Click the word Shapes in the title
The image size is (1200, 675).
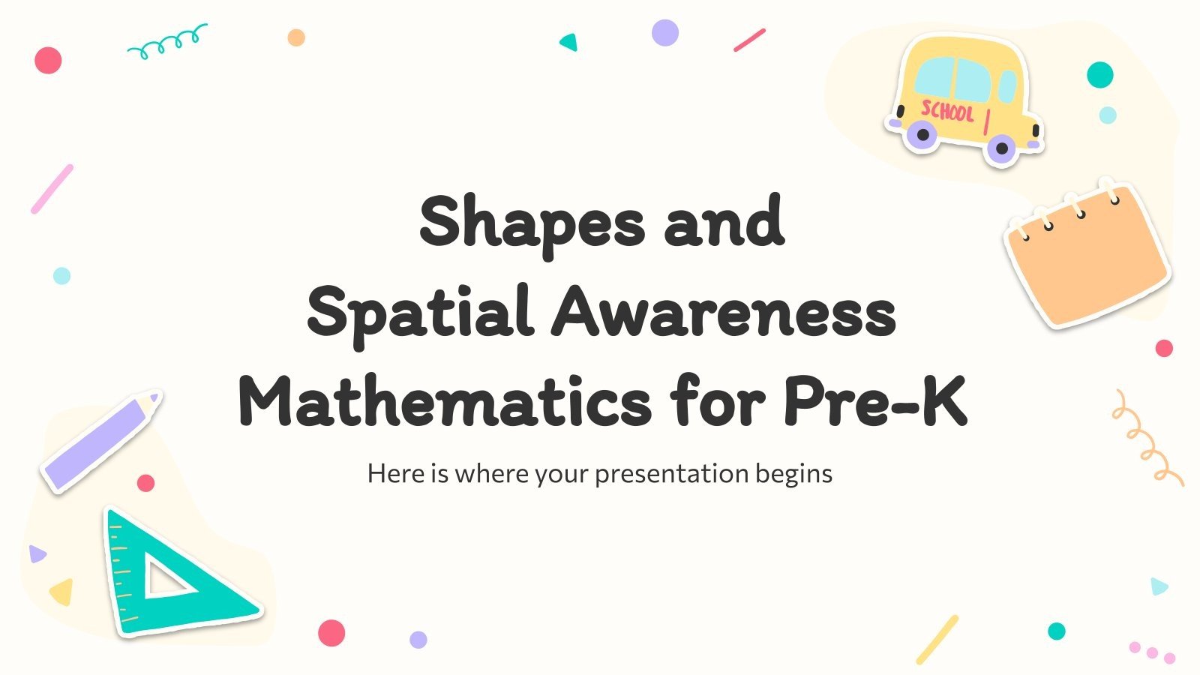point(532,222)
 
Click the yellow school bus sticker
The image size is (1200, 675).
point(964,97)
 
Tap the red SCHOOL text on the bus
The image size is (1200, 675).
point(947,112)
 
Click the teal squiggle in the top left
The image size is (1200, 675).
point(166,42)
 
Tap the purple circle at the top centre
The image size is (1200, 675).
point(664,33)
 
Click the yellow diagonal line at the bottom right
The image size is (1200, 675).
point(937,639)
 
